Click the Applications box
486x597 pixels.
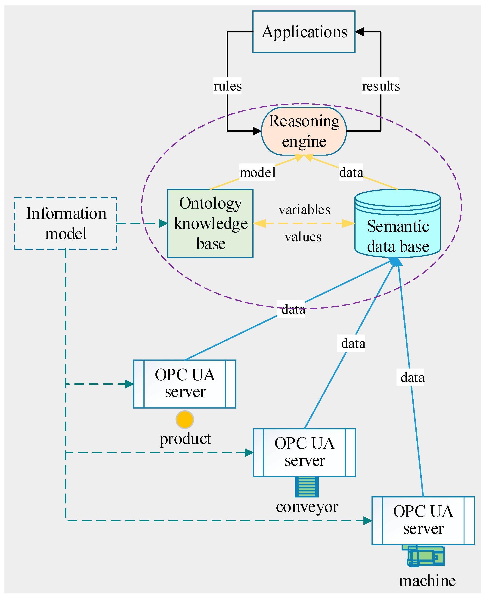coord(304,32)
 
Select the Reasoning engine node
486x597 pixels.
coord(304,131)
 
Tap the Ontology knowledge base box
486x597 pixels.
coord(210,223)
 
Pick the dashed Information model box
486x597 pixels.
coord(65,223)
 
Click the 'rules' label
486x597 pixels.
coord(227,86)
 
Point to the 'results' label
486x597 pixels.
coord(381,86)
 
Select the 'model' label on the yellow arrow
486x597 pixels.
coord(257,172)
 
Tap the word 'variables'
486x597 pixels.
coord(304,210)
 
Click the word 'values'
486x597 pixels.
coord(303,237)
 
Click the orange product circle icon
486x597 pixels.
coord(185,419)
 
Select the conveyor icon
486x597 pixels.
coord(306,487)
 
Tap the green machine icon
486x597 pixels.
coord(425,556)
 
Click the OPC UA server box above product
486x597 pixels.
coord(185,384)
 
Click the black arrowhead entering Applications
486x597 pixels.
coord(359,32)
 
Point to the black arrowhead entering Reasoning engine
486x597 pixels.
coord(257,131)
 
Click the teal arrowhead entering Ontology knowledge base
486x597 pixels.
coord(164,223)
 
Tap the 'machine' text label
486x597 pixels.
coord(427,581)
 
